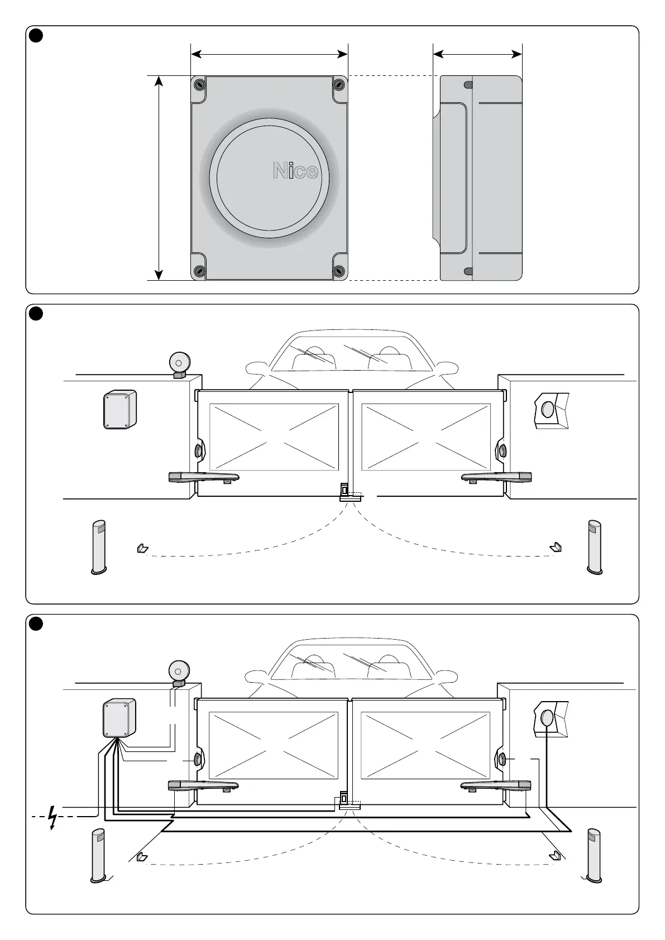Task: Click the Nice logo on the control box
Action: pyautogui.click(x=295, y=171)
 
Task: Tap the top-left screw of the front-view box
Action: pyautogui.click(x=199, y=85)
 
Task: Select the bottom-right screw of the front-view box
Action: pyautogui.click(x=339, y=271)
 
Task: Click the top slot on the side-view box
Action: pyautogui.click(x=468, y=85)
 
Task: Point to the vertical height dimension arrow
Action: pyautogui.click(x=159, y=178)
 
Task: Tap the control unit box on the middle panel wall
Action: pyautogui.click(x=120, y=409)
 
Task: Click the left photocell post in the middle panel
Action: pyautogui.click(x=99, y=547)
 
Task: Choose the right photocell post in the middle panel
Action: pyautogui.click(x=595, y=547)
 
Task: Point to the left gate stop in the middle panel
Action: pyautogui.click(x=142, y=549)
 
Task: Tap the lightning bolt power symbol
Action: pyautogui.click(x=53, y=817)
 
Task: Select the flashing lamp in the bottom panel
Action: pyautogui.click(x=179, y=673)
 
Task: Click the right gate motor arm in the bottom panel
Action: pyautogui.click(x=496, y=786)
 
